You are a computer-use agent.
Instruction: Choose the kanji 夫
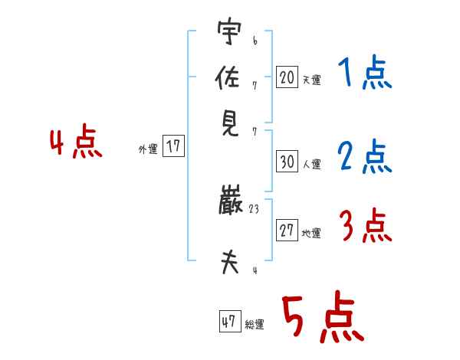click(x=229, y=263)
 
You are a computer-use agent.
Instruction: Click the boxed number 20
click(x=287, y=77)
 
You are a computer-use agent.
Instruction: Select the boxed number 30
click(x=287, y=162)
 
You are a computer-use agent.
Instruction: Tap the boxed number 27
click(x=287, y=231)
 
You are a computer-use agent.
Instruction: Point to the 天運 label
click(x=312, y=79)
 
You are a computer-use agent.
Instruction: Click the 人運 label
click(x=312, y=164)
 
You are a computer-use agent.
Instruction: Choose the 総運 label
click(x=255, y=325)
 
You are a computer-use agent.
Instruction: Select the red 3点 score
click(x=364, y=226)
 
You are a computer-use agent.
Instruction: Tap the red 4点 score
click(x=76, y=143)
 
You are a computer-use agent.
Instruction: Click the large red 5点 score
click(x=321, y=319)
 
